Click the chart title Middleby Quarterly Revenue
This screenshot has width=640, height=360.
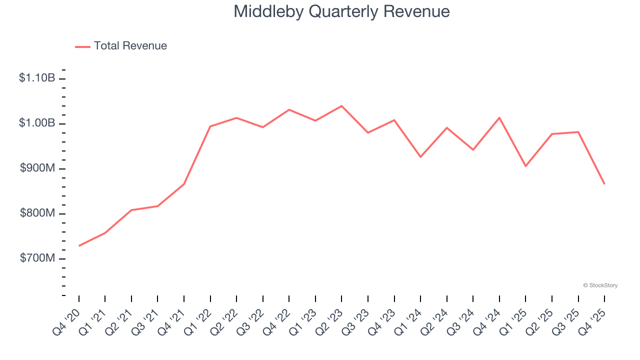[341, 11]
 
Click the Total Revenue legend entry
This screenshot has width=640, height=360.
[121, 46]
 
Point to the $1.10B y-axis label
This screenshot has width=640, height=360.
[37, 78]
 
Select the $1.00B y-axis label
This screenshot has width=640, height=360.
[37, 123]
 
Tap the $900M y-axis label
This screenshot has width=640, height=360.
[37, 168]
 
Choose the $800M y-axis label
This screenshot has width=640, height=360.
[37, 213]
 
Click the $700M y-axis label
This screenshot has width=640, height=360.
[37, 258]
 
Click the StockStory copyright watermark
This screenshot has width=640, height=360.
[600, 285]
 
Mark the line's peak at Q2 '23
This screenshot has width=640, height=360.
[341, 106]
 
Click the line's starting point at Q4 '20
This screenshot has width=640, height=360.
[79, 246]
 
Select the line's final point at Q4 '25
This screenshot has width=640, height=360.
[604, 184]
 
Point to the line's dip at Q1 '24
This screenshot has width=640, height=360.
[420, 157]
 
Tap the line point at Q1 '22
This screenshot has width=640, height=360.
[210, 126]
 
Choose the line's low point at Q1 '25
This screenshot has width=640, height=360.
[525, 166]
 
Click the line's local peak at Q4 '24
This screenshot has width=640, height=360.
[499, 117]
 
